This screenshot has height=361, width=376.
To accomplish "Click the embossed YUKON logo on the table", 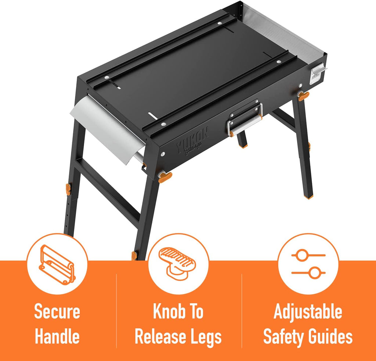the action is click(192, 142).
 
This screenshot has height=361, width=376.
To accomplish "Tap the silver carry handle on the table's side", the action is click(245, 119).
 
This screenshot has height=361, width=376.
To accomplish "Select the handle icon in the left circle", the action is click(57, 265).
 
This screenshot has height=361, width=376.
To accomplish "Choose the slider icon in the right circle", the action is click(308, 264).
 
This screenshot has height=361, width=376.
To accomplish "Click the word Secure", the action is click(57, 311).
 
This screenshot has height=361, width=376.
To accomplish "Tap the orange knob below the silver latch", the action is click(303, 96).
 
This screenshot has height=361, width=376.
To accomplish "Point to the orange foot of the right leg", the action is click(308, 196).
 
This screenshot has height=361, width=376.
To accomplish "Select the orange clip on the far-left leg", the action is click(68, 189).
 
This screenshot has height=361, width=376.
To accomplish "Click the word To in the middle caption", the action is click(195, 311).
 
